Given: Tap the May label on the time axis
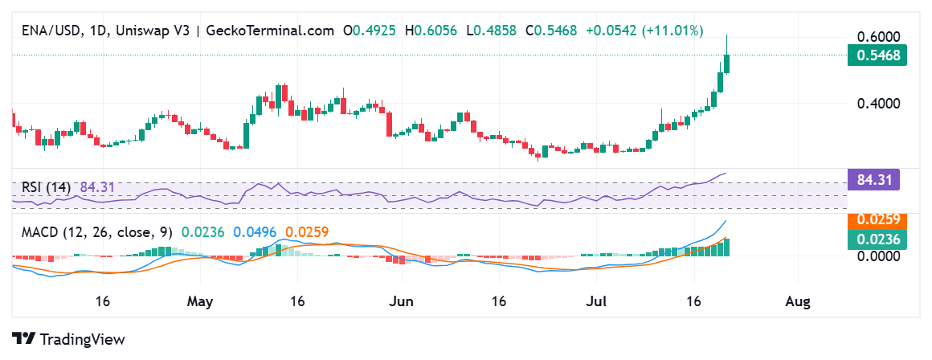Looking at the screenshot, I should coord(201,301).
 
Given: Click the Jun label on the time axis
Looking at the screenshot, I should coord(400,301).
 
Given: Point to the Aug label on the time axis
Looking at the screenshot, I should coord(797,301).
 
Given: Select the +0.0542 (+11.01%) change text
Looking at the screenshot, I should coord(644,31).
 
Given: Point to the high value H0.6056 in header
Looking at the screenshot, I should coord(431,31).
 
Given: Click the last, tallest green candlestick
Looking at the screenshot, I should coord(727,63).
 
